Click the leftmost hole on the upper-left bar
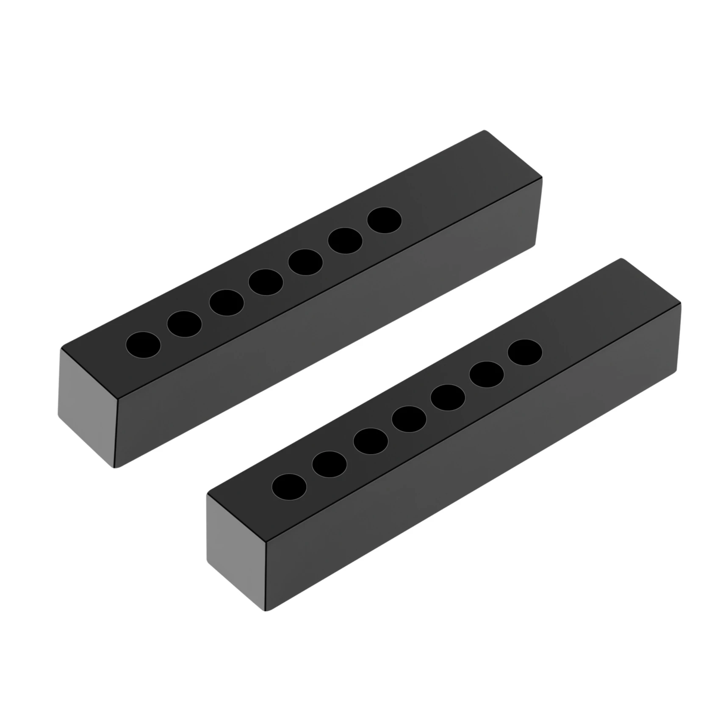144,344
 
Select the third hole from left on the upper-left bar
227,302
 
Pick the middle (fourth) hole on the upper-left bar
266,282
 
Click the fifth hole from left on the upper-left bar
305,262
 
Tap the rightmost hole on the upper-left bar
385,220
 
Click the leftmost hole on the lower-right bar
289,487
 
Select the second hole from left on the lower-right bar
329,464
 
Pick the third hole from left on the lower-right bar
371,441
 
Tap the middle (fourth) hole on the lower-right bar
409,418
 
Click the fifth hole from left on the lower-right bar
448,397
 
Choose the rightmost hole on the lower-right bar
525,352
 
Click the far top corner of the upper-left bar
484,132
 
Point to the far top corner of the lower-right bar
622,259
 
